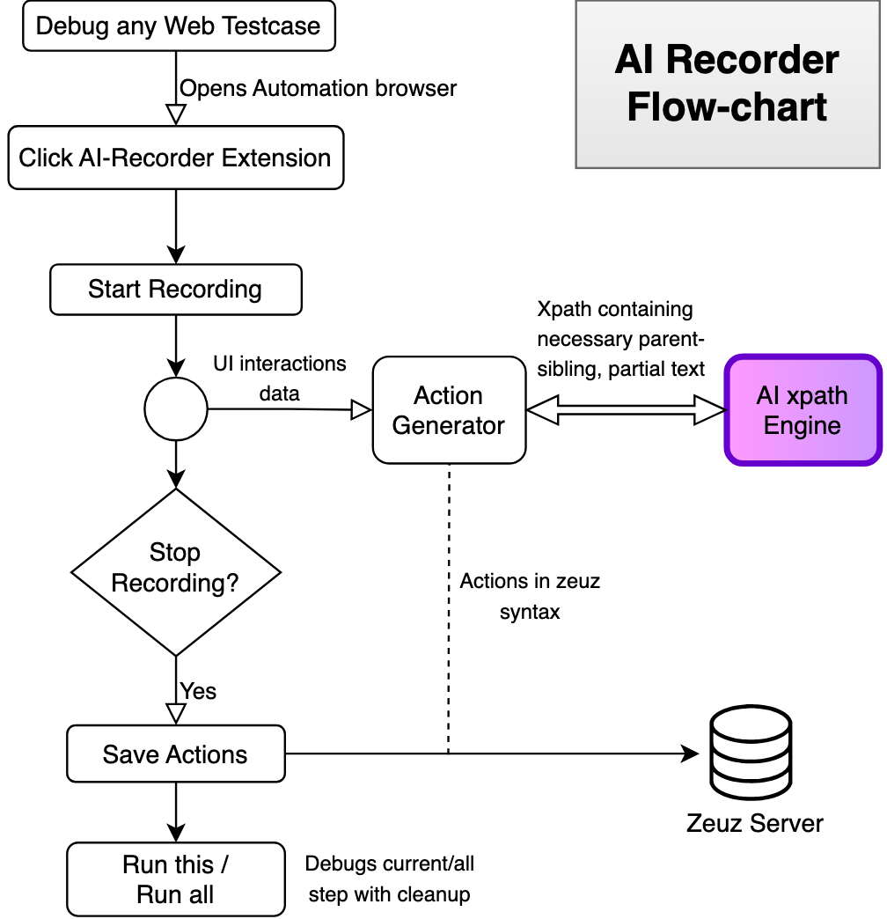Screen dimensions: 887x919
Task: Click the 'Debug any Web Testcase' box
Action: pyautogui.click(x=179, y=26)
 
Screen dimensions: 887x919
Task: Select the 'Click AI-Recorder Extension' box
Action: pyautogui.click(x=176, y=158)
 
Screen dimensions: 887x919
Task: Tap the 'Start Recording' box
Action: pyautogui.click(x=176, y=290)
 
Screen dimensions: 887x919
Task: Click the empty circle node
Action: pyautogui.click(x=176, y=409)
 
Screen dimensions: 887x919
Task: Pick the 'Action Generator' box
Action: pyautogui.click(x=450, y=410)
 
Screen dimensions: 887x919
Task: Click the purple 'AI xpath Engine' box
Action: pyautogui.click(x=803, y=410)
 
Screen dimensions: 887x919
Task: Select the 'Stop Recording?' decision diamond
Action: pyautogui.click(x=176, y=572)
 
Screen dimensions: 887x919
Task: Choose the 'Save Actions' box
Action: pyautogui.click(x=176, y=754)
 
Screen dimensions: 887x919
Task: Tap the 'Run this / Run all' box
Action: pyautogui.click(x=176, y=879)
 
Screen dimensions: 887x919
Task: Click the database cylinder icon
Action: pyautogui.click(x=751, y=753)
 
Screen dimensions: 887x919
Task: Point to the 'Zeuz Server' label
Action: pyautogui.click(x=755, y=823)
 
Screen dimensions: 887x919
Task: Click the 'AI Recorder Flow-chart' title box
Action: pyautogui.click(x=728, y=85)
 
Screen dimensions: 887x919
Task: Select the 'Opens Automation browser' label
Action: pyautogui.click(x=319, y=89)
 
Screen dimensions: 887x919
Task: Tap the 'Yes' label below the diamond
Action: pyautogui.click(x=198, y=692)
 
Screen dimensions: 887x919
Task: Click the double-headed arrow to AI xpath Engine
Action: pyautogui.click(x=626, y=409)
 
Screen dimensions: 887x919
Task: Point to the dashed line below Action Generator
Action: pyautogui.click(x=450, y=609)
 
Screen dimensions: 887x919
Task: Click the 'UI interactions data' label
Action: pyautogui.click(x=280, y=379)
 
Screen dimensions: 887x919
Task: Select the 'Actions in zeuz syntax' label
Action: pyautogui.click(x=530, y=597)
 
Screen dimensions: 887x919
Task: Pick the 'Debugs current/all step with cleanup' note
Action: pyautogui.click(x=390, y=879)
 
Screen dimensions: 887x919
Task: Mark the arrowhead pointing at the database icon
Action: pyautogui.click(x=690, y=754)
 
